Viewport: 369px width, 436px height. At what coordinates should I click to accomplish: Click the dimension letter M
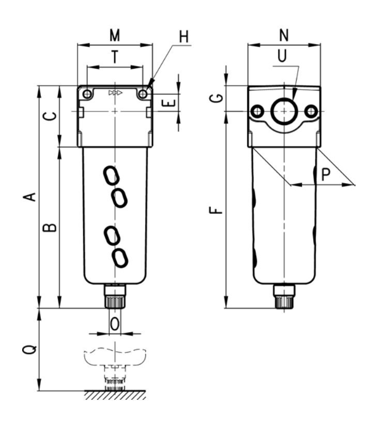115,35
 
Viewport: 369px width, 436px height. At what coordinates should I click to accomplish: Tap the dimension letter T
115,57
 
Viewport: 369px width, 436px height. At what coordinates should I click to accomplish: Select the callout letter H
183,37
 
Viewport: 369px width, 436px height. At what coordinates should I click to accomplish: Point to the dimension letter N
284,35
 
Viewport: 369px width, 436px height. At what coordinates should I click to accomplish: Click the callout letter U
282,56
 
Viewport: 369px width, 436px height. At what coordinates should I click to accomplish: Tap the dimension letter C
50,116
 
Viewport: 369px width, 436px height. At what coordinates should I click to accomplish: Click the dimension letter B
50,227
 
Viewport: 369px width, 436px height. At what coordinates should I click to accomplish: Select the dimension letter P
326,174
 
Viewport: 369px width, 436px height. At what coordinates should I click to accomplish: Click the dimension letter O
115,324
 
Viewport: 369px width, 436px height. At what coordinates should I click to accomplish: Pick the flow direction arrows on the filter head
115,92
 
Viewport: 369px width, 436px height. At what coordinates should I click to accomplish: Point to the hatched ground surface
115,395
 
